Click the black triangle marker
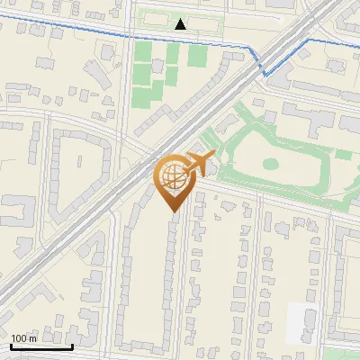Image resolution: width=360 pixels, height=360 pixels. click(x=181, y=24)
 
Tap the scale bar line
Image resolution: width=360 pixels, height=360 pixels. click(x=41, y=346)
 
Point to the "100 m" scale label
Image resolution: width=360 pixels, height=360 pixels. click(x=24, y=338)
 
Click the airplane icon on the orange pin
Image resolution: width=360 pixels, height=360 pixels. click(x=198, y=164)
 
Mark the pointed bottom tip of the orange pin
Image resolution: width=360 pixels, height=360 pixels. click(x=171, y=211)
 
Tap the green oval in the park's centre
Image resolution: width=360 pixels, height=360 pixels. click(x=270, y=165)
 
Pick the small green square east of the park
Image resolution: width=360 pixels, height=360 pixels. click(x=343, y=155)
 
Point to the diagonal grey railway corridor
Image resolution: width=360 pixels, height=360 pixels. click(x=108, y=207)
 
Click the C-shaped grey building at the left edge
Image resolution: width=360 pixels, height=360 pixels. click(x=20, y=211)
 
